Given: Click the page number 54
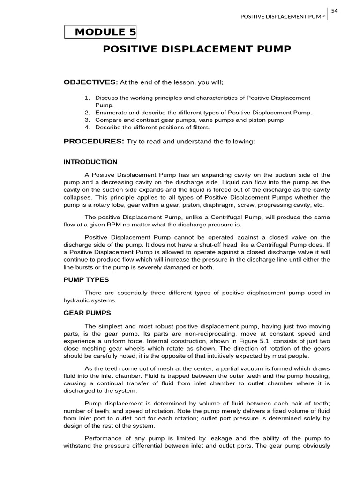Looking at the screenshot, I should (x=334, y=10).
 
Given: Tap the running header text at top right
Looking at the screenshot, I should (x=282, y=17).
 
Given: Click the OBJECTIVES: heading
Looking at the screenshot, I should (x=91, y=82).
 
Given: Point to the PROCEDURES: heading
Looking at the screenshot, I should (x=94, y=141).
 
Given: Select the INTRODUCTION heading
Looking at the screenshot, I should (x=90, y=162).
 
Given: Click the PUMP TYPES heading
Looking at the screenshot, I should (x=86, y=279).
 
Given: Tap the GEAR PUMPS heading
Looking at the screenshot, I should (x=87, y=313).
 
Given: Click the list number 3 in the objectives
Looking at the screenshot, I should (x=87, y=120).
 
